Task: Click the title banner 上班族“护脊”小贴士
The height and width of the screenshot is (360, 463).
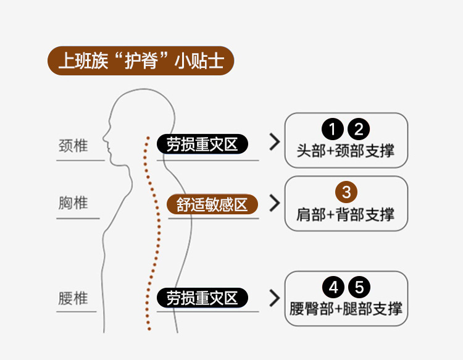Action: [x=141, y=61]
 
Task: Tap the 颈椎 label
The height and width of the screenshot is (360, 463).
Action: [x=73, y=146]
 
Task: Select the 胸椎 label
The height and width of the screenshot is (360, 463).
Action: [x=73, y=203]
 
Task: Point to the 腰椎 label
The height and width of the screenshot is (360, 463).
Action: [x=73, y=299]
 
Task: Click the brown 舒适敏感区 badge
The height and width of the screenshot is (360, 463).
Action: [x=212, y=204]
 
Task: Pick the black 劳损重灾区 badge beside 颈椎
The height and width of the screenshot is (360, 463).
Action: [x=202, y=144]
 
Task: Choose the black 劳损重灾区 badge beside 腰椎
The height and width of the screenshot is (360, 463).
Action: [x=202, y=298]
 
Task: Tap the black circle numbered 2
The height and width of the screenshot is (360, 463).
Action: [x=359, y=130]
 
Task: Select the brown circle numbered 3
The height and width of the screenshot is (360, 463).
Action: [x=346, y=191]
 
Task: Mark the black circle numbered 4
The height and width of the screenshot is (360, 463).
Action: [x=333, y=287]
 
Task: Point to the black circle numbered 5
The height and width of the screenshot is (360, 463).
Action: [x=360, y=287]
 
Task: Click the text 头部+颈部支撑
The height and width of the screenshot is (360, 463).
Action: [x=346, y=151]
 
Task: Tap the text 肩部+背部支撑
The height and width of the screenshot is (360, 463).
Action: [x=346, y=214]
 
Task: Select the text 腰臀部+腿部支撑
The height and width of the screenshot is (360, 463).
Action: [x=346, y=308]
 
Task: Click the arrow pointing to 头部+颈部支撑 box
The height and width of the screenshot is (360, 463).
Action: [x=275, y=143]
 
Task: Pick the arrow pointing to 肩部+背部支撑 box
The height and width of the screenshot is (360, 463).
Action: [x=275, y=203]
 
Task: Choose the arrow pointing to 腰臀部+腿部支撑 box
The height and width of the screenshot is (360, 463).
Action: [x=275, y=298]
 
